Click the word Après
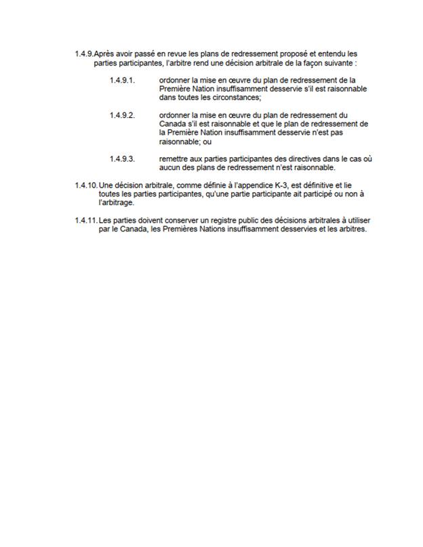point(103,53)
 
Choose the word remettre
point(175,158)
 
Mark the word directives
point(292,158)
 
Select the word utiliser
point(355,219)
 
